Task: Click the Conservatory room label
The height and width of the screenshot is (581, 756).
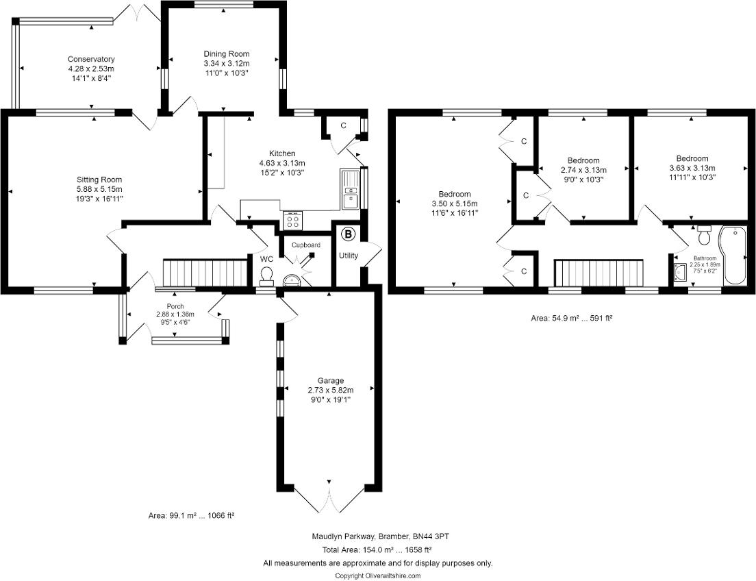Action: tap(91, 60)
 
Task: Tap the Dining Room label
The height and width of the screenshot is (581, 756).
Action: tap(227, 54)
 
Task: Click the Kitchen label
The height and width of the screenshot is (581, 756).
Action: tap(282, 153)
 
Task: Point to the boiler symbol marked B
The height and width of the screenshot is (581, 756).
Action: tap(349, 235)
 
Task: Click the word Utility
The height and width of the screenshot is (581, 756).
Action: tap(348, 256)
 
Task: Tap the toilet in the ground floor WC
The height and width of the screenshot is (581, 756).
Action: tap(268, 275)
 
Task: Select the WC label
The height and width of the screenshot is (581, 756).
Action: tap(267, 259)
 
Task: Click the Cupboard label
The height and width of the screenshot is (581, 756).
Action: tap(306, 245)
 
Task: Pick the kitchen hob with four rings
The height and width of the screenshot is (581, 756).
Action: tap(293, 220)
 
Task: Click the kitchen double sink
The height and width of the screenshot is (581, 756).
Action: tap(351, 190)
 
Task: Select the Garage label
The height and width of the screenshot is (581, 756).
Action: tap(330, 381)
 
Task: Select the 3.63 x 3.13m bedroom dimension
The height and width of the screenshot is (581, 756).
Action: tap(692, 169)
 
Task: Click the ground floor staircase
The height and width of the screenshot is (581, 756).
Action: tap(205, 273)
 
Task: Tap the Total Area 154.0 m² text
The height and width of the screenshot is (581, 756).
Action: tap(377, 550)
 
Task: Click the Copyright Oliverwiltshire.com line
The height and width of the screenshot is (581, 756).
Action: tap(377, 576)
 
